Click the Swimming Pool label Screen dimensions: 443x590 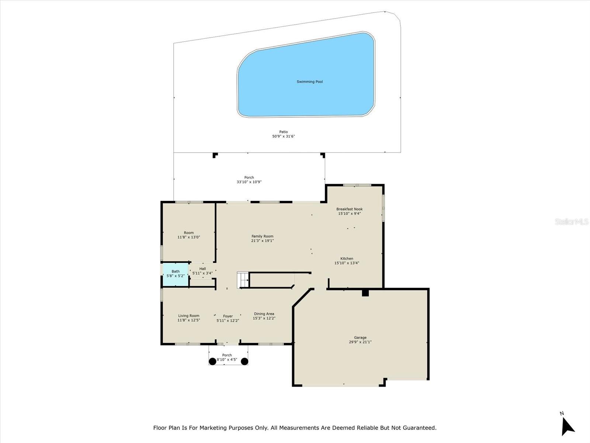310,82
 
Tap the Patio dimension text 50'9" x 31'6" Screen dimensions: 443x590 284,137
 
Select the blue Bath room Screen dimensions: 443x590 176,274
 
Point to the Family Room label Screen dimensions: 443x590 263,236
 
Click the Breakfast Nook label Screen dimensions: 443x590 349,209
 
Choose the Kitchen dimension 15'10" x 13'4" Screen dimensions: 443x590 347,263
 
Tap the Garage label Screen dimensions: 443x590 360,337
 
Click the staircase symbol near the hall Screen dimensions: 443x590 243,280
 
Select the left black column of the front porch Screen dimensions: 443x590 213,361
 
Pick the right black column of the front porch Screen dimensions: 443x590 244,361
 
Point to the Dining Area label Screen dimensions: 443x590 264,314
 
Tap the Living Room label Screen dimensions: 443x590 189,316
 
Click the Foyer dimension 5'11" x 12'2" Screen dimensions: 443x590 228,321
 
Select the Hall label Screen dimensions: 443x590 202,269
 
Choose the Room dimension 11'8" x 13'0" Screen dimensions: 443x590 189,237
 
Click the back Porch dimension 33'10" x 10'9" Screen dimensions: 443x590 249,182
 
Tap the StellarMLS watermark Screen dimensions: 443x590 572,221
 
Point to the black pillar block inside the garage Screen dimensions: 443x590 365,293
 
